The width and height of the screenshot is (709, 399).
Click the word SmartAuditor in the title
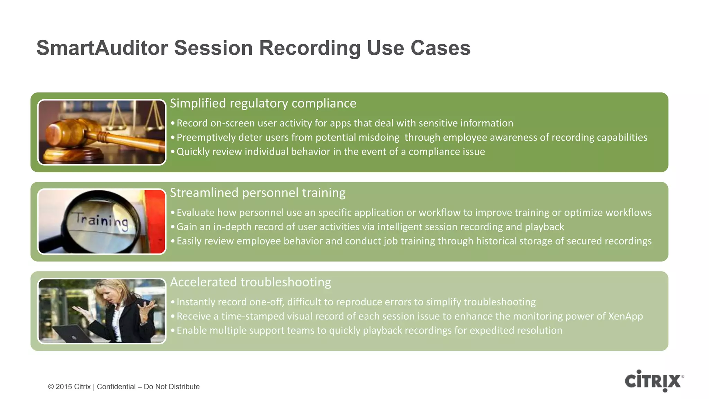tap(102, 48)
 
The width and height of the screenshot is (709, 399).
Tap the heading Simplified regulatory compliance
tap(263, 103)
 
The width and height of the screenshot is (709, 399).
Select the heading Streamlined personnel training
tap(258, 193)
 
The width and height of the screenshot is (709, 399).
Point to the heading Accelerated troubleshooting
tap(250, 282)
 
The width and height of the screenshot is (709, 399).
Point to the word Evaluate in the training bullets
tap(195, 213)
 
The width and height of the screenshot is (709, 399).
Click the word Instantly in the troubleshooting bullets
tap(196, 302)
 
